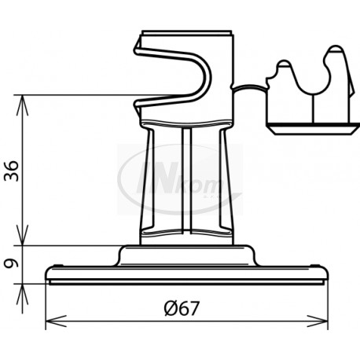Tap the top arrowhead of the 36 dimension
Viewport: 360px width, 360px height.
point(24,101)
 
